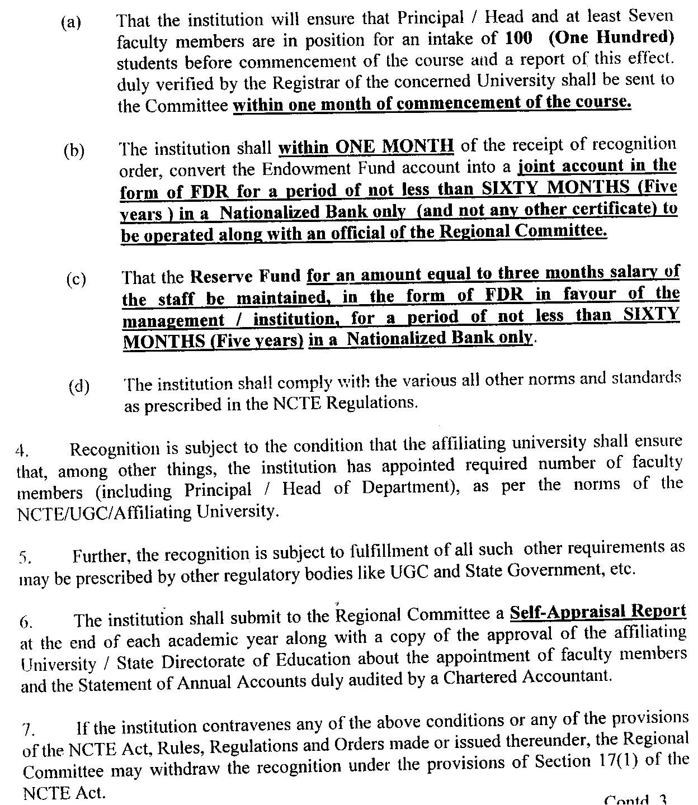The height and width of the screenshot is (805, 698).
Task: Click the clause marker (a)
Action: pos(70,23)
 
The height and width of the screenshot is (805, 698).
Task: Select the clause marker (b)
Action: pos(74,151)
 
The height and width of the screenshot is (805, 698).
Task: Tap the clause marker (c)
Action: pos(76,279)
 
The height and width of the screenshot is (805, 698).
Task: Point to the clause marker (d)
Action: pos(79,386)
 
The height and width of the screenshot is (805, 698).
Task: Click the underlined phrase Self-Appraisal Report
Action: pos(597,612)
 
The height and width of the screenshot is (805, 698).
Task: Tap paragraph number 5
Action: pos(25,557)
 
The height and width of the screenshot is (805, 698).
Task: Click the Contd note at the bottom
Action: pos(635,800)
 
